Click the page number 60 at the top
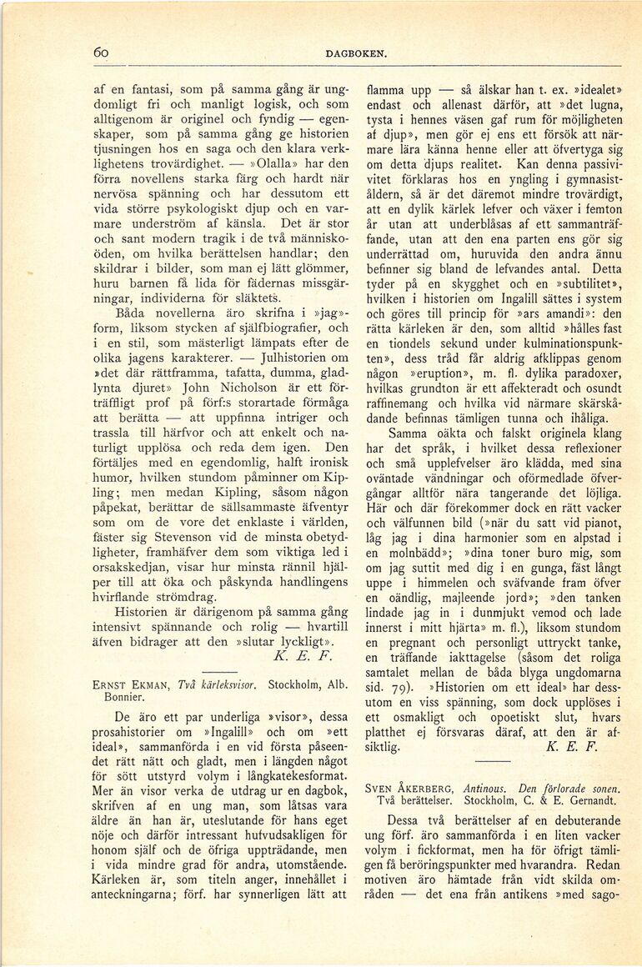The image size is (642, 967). click(x=103, y=53)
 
